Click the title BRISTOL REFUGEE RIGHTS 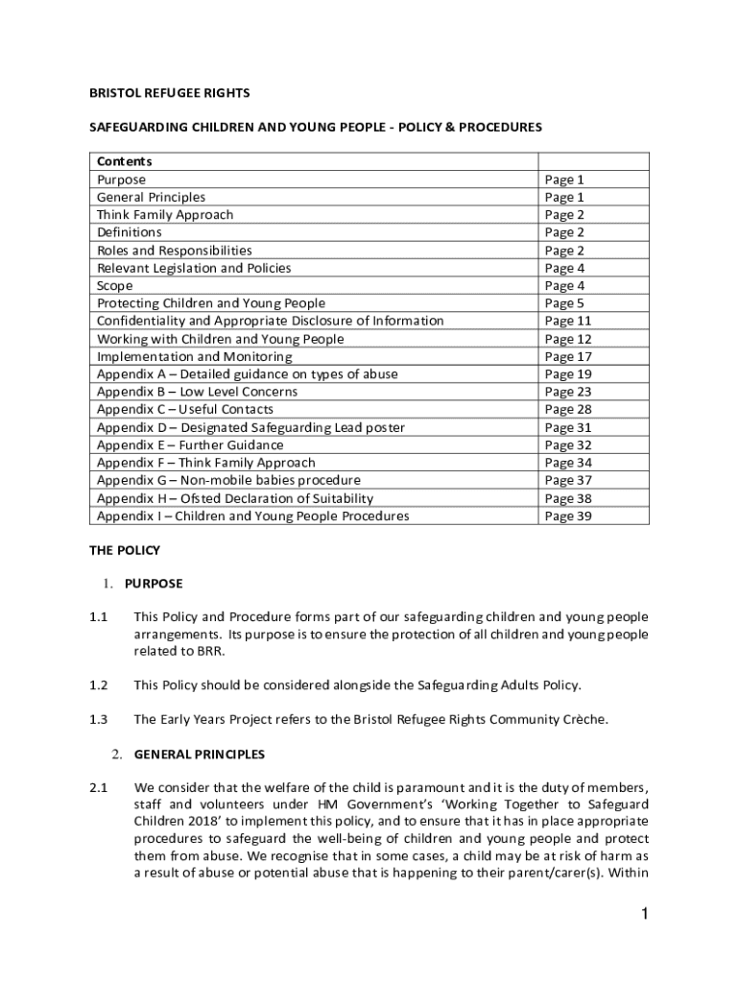coord(170,93)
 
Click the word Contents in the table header coord(125,161)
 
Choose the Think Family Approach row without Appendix coord(165,214)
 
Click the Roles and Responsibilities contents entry coord(175,251)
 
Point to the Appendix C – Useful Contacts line coord(184,410)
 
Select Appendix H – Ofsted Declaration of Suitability coord(235,498)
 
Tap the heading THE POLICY coord(125,551)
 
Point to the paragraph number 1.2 coord(98,685)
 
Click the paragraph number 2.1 coord(98,789)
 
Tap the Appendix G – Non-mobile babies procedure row coord(228,480)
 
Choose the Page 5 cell coord(564,303)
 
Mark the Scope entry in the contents coord(115,286)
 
